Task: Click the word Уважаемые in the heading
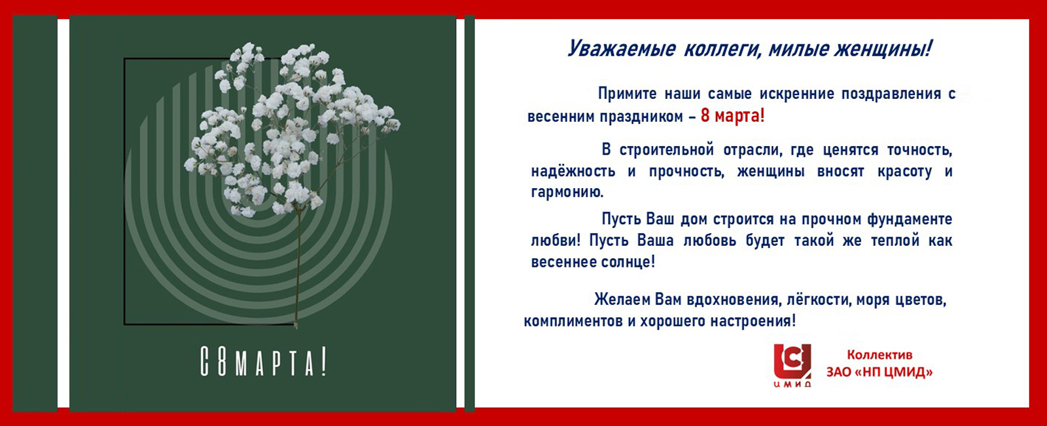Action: click(621, 49)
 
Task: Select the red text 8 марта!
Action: click(732, 117)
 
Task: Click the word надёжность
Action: click(573, 172)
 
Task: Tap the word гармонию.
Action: click(567, 193)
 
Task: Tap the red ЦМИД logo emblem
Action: click(792, 362)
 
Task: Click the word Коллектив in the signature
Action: click(879, 355)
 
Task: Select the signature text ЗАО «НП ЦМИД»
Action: click(879, 372)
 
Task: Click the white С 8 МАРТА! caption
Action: click(263, 364)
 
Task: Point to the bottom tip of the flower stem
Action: click(296, 325)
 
